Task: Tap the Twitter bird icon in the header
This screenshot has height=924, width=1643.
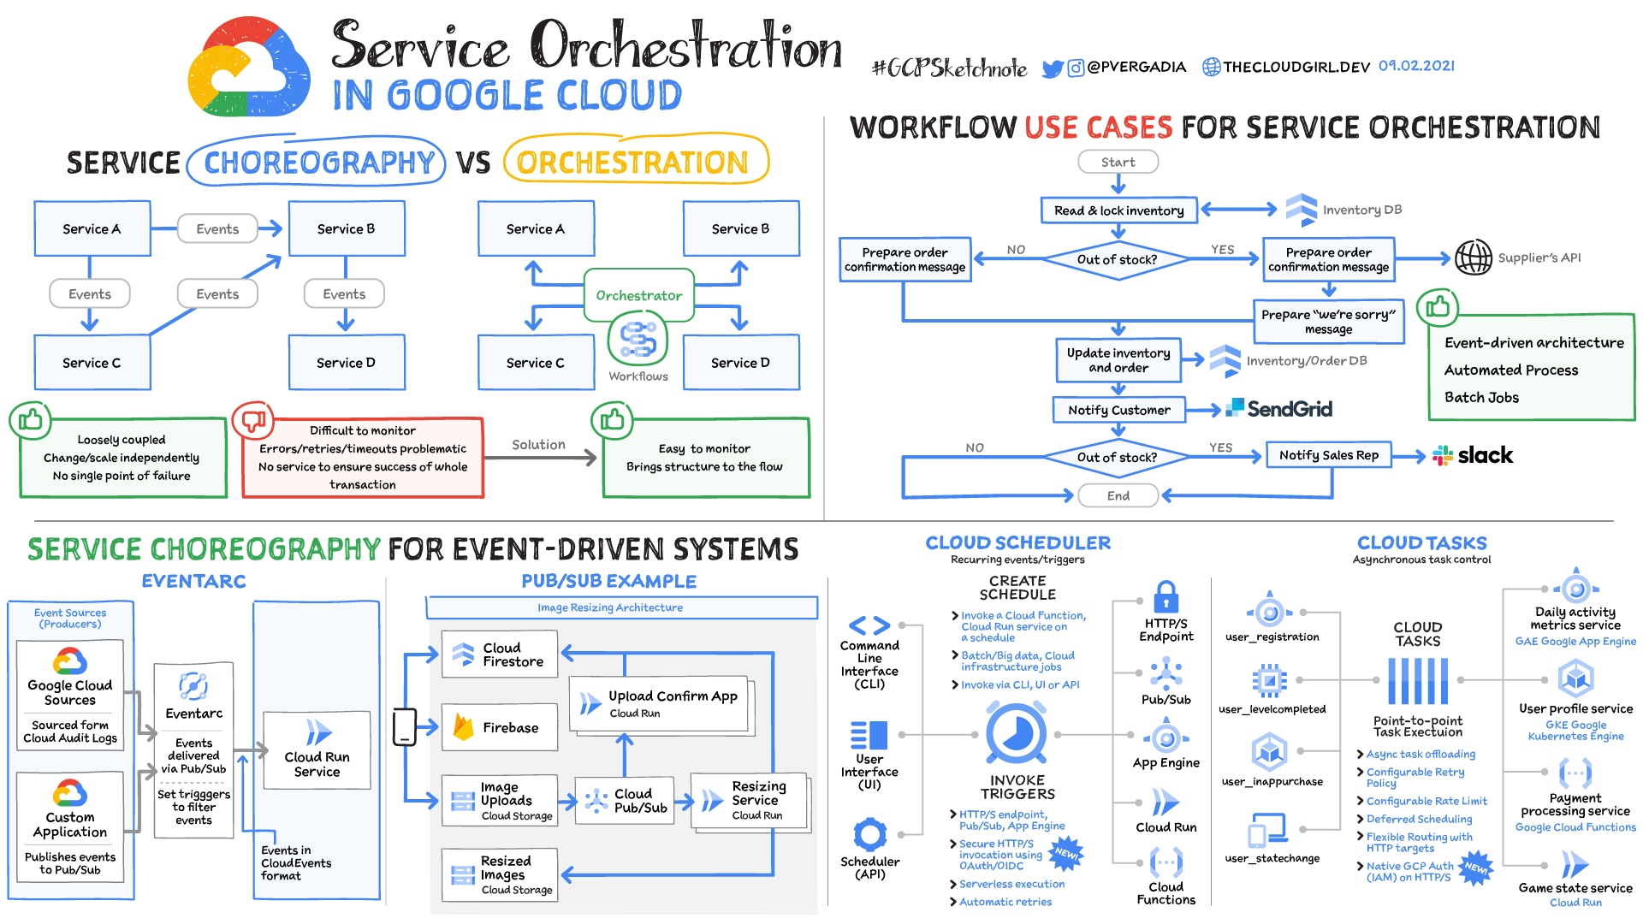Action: pos(1052,68)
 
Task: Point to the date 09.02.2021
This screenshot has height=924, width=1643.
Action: pos(1416,66)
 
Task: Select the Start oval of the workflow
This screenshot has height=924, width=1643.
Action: pos(1118,162)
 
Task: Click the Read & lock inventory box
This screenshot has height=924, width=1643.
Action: pos(1118,210)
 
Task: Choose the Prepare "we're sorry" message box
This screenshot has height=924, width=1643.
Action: pos(1328,322)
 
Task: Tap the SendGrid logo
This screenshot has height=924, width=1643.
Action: pos(1279,409)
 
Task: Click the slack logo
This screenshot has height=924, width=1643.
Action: pos(1473,455)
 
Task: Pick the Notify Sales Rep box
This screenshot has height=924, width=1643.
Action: pos(1328,455)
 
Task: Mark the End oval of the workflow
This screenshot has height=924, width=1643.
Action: pos(1118,495)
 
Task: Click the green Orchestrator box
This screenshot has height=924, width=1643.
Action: pos(638,295)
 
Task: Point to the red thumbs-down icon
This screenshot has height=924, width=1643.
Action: pos(253,420)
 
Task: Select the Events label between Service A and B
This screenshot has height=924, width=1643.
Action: pos(217,229)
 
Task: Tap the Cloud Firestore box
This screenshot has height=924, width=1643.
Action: pos(500,654)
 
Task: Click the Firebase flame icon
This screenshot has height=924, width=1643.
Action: pos(464,727)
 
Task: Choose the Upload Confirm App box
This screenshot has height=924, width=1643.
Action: pos(660,703)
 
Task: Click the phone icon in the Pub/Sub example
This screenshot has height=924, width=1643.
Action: pos(404,727)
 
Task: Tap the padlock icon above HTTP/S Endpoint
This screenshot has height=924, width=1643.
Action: pos(1166,596)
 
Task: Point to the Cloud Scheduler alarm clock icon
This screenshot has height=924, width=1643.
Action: pos(1017,733)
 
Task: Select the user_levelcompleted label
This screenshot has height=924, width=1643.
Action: pos(1272,709)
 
